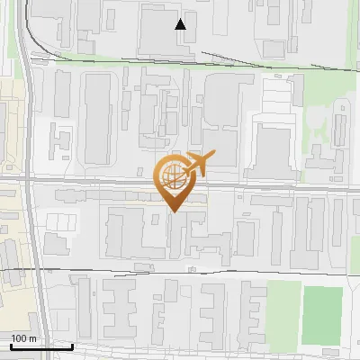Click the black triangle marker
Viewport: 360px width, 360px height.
point(181,24)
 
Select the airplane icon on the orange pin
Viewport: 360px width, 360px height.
point(199,164)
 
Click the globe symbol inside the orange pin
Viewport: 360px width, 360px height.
point(172,176)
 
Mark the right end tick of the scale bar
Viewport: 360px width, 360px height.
point(72,345)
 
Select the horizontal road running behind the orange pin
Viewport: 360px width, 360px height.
point(108,182)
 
